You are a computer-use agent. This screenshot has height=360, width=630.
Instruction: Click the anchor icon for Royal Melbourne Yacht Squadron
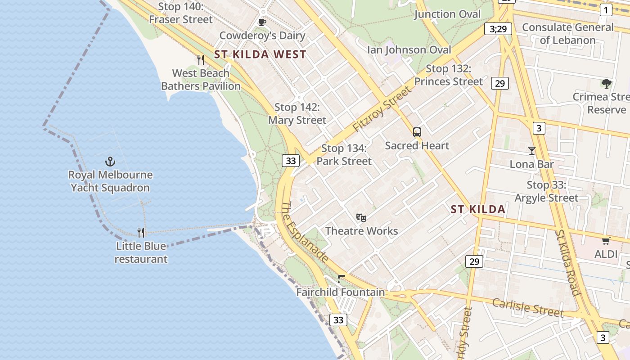[110, 161]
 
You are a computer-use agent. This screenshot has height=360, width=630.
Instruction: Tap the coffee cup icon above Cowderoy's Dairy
[262, 22]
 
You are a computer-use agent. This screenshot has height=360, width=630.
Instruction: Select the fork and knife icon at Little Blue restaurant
[141, 232]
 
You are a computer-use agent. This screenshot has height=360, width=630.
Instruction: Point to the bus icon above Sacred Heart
[417, 132]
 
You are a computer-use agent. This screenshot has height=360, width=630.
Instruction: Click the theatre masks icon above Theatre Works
[361, 218]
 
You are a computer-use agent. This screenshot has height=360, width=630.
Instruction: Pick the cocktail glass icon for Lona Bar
[532, 151]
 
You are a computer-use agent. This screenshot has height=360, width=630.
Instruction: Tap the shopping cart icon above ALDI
[606, 241]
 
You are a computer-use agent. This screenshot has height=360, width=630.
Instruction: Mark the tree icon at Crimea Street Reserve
[606, 83]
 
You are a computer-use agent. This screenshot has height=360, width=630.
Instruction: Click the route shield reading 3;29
[498, 29]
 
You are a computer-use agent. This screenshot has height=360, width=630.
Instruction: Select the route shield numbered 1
[606, 10]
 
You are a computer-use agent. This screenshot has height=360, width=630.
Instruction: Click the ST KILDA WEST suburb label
[260, 55]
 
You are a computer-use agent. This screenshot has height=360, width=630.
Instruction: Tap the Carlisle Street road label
[527, 308]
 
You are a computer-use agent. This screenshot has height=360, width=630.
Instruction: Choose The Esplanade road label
[305, 232]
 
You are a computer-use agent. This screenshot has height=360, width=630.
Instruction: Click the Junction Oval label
[447, 14]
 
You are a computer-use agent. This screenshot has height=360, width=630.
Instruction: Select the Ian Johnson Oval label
[409, 49]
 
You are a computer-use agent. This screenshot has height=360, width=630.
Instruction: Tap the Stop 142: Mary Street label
[297, 114]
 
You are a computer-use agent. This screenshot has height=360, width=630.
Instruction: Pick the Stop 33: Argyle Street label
[546, 192]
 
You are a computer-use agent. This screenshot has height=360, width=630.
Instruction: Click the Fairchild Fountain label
[341, 292]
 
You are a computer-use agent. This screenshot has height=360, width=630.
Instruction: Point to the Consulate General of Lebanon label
[567, 34]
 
